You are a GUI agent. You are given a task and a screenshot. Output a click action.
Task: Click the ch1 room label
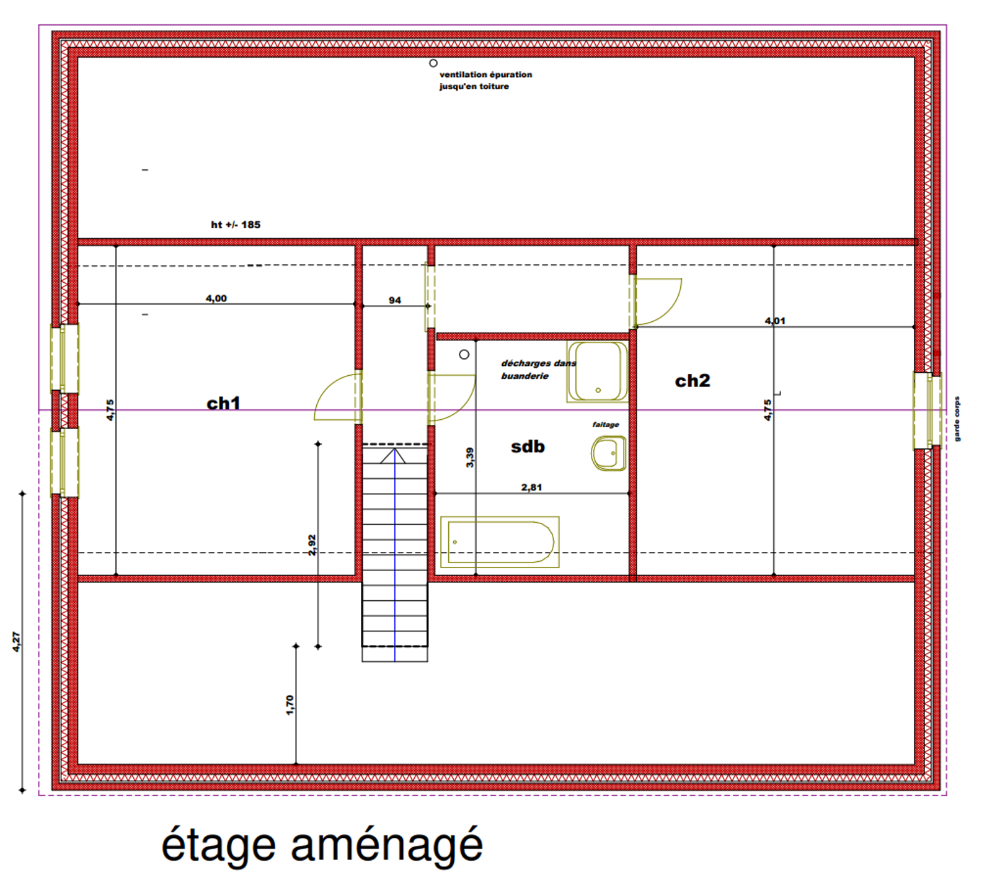223,404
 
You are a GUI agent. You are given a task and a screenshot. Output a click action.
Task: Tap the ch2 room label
693,381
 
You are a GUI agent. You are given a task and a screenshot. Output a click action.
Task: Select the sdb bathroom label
528,446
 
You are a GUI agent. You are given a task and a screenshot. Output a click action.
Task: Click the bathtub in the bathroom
500,542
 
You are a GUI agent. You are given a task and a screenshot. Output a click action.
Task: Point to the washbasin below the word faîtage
608,453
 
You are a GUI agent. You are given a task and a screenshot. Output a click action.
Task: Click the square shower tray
597,371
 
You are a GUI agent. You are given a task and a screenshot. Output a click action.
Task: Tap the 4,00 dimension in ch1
216,298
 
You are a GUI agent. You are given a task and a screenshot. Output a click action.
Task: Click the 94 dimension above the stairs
395,300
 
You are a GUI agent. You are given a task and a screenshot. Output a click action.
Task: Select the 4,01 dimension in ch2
775,321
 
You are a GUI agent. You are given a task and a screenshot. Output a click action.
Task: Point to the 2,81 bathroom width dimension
532,487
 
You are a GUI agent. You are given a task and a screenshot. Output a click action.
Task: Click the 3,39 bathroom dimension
469,457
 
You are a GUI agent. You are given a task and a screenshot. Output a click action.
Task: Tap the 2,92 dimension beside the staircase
312,545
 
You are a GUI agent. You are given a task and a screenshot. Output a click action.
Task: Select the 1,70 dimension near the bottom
290,705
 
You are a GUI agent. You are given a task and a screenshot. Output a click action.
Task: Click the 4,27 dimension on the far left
16,642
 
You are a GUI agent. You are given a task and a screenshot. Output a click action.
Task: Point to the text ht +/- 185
236,224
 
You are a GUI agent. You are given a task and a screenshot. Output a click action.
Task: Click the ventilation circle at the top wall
433,63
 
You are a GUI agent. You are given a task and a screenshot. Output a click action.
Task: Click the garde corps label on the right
957,419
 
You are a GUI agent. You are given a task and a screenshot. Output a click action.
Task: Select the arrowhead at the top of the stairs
394,456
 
